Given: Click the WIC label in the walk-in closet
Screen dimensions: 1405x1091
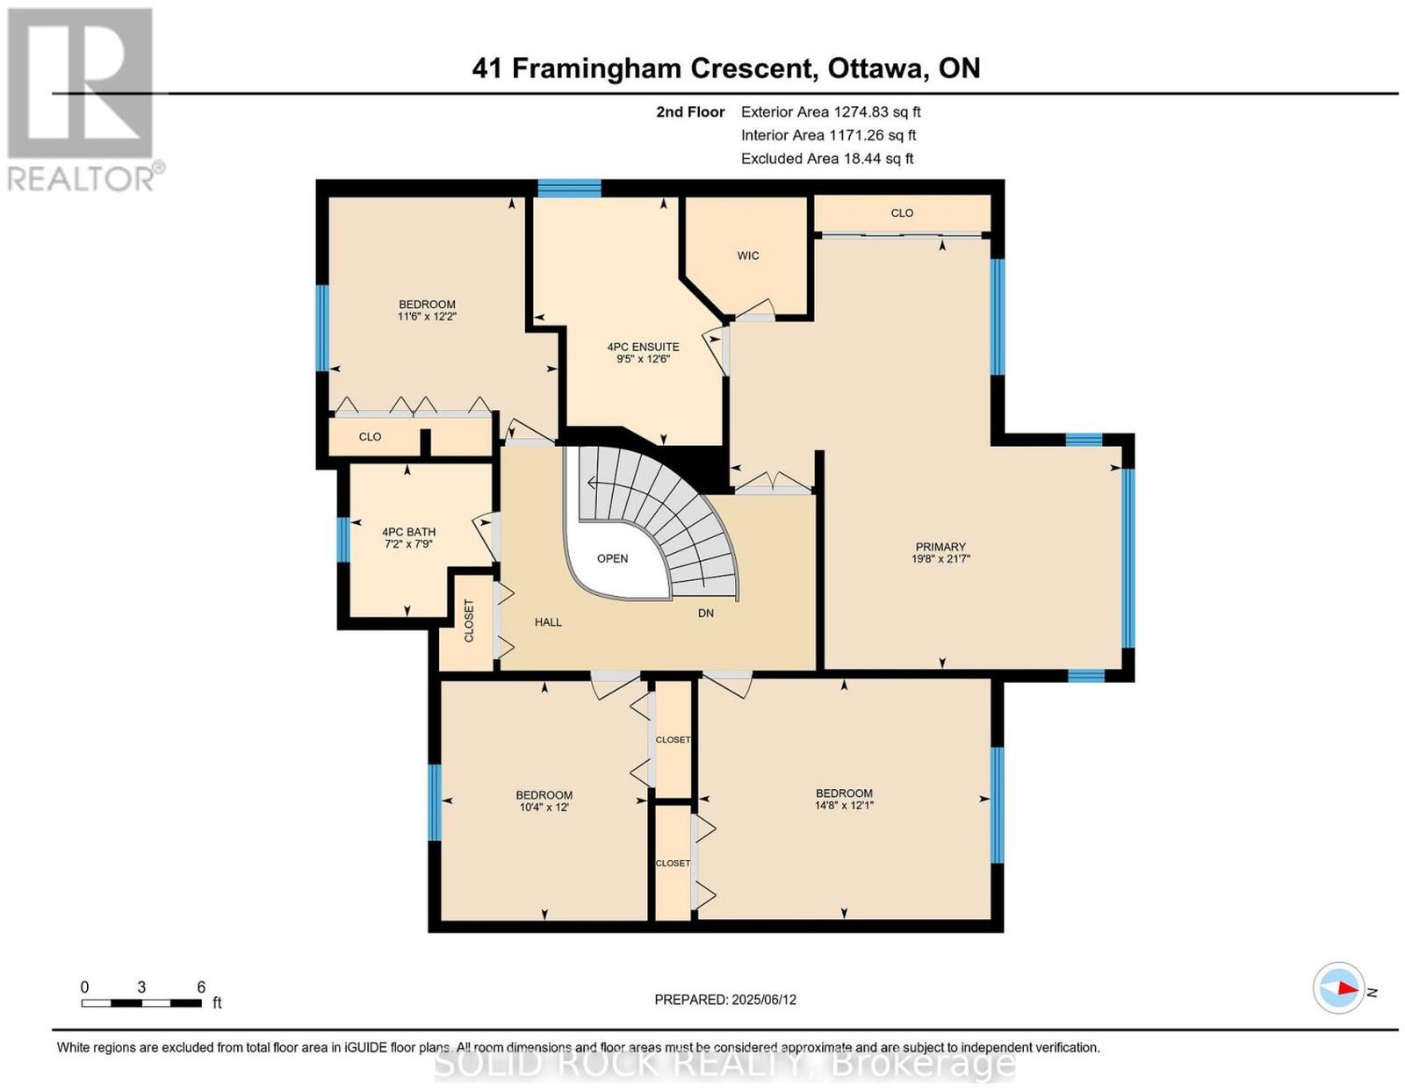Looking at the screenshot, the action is pyautogui.click(x=747, y=255).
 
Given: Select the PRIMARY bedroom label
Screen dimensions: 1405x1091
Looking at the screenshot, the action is pyautogui.click(x=940, y=547).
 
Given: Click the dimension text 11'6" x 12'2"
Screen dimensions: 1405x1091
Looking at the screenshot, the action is pyautogui.click(x=427, y=317).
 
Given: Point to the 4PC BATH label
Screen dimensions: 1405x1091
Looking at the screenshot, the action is pyautogui.click(x=408, y=532).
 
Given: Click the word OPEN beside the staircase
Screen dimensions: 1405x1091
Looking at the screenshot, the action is pyautogui.click(x=612, y=559).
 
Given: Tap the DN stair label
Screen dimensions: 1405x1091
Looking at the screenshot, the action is pyautogui.click(x=705, y=613).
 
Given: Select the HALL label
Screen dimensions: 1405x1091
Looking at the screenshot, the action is pyautogui.click(x=548, y=622).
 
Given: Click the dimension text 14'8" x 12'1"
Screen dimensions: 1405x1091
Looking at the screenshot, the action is pyautogui.click(x=844, y=806).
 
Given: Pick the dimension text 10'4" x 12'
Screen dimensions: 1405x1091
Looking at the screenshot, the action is pyautogui.click(x=544, y=807).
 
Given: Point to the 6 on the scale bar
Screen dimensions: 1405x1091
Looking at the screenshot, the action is pyautogui.click(x=201, y=987).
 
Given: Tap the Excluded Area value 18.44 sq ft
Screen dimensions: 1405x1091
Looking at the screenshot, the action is pyautogui.click(x=877, y=158).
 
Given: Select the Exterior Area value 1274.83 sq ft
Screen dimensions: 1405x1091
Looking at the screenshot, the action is pyautogui.click(x=876, y=111).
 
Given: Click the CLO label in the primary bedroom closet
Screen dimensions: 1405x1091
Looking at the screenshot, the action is pyautogui.click(x=901, y=213).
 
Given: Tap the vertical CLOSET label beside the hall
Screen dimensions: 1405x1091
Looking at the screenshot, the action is pyautogui.click(x=470, y=621).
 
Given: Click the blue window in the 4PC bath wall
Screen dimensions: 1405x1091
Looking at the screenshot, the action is pyautogui.click(x=343, y=540).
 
